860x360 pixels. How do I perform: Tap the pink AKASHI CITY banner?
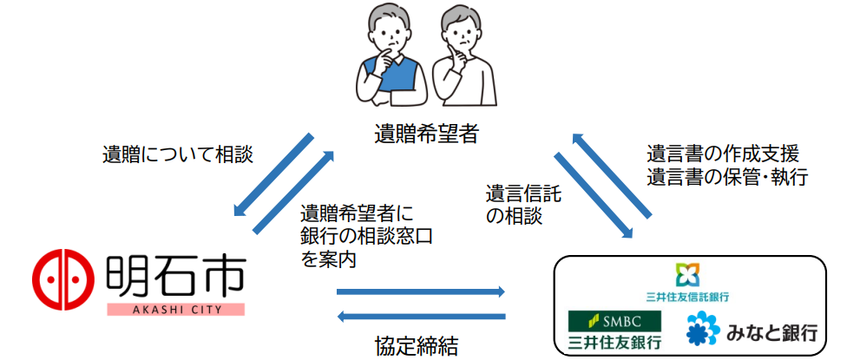click(x=175, y=310)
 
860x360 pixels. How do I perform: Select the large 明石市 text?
click(x=174, y=275)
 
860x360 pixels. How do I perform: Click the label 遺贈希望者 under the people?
click(x=426, y=134)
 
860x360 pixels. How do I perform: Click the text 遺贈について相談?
click(x=178, y=154)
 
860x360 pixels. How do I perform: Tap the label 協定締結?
click(x=417, y=346)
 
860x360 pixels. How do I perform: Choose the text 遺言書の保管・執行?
click(x=727, y=177)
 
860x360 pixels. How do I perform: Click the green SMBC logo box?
click(x=614, y=321)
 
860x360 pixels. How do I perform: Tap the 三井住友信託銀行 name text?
click(x=687, y=297)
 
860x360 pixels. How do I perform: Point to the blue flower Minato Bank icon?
click(x=703, y=329)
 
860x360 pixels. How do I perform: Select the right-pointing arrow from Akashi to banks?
click(x=420, y=292)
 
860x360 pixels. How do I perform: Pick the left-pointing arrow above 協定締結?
click(x=420, y=316)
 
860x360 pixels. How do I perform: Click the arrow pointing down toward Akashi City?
click(x=273, y=174)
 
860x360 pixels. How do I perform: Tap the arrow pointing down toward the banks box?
click(x=594, y=196)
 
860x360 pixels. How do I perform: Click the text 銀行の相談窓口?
click(x=366, y=236)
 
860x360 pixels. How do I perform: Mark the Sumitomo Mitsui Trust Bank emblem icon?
click(x=687, y=275)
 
